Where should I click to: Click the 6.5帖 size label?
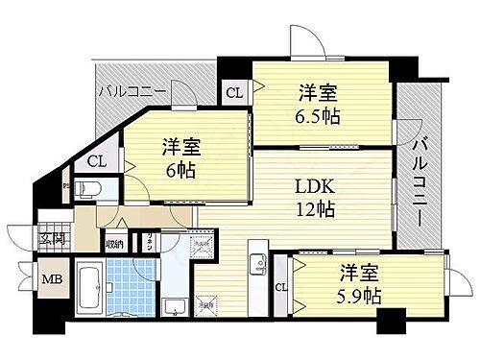(x=318, y=117)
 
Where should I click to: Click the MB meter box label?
(x=47, y=281)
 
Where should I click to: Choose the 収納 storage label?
(x=114, y=244)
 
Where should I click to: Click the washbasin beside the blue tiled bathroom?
(x=174, y=306)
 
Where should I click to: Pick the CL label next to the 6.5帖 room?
(x=233, y=93)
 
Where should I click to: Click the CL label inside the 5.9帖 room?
(x=282, y=287)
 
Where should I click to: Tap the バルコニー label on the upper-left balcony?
(x=132, y=92)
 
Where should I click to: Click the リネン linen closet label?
(x=150, y=245)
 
